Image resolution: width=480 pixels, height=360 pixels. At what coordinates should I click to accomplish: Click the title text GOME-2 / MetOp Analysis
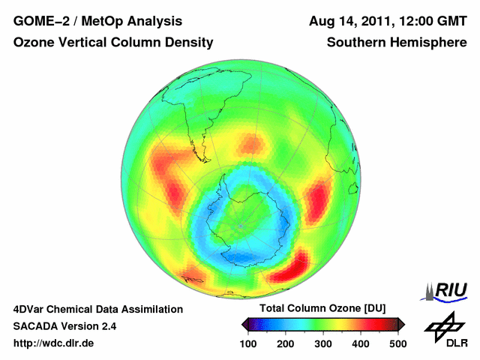click(x=97, y=21)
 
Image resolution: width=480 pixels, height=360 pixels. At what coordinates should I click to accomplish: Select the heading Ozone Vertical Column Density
click(x=113, y=43)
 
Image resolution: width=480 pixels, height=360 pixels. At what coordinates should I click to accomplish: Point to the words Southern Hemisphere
click(x=397, y=43)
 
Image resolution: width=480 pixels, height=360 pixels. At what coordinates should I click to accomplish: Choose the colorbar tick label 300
click(x=323, y=343)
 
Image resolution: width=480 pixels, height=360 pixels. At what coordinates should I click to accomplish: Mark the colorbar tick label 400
click(x=360, y=343)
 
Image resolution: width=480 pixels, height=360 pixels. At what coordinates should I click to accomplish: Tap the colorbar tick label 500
click(x=397, y=343)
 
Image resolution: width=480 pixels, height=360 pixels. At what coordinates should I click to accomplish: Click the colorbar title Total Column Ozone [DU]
click(x=322, y=309)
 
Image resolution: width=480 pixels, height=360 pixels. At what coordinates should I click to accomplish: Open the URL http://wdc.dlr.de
click(x=54, y=343)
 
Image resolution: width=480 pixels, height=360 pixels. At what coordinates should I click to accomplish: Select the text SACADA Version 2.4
click(x=64, y=326)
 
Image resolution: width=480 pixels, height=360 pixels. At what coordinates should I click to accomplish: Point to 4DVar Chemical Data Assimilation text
click(x=97, y=309)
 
